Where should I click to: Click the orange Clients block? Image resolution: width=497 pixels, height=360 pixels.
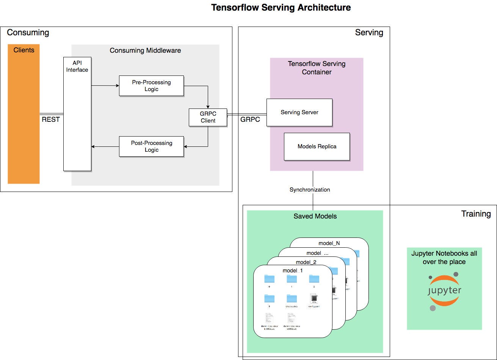click(x=24, y=114)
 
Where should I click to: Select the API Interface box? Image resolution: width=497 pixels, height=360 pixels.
click(x=77, y=114)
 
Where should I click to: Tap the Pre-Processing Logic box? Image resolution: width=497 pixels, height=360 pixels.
click(x=151, y=86)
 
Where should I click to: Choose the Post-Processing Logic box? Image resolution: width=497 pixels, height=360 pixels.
click(x=151, y=146)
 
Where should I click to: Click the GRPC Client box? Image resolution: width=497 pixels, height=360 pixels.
click(x=208, y=117)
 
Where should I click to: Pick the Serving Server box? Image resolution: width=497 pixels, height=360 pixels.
click(x=299, y=112)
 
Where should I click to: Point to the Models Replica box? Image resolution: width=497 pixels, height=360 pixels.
click(x=317, y=146)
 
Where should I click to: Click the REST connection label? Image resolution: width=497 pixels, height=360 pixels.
click(x=51, y=119)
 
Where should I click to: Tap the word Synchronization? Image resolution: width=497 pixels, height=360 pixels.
click(x=310, y=189)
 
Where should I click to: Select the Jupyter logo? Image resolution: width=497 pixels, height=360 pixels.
click(x=444, y=291)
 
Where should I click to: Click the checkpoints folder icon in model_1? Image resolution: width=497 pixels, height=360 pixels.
click(x=292, y=299)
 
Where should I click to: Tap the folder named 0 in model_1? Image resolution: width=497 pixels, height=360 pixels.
click(x=269, y=279)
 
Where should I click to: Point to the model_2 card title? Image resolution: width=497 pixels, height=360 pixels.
click(x=306, y=262)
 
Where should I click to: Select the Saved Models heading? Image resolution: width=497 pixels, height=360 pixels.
click(x=315, y=216)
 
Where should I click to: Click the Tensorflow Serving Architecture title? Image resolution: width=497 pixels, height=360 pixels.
click(x=281, y=8)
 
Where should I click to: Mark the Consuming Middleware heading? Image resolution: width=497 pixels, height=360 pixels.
click(x=145, y=50)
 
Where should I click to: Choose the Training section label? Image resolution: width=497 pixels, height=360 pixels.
click(x=476, y=214)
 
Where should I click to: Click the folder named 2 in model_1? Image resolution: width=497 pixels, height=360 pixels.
click(x=314, y=279)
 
